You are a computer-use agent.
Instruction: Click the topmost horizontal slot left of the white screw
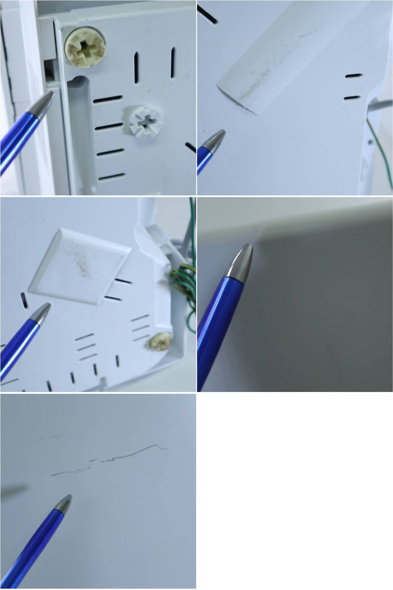pos(107,99)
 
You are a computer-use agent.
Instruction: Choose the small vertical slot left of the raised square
pos(24,301)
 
